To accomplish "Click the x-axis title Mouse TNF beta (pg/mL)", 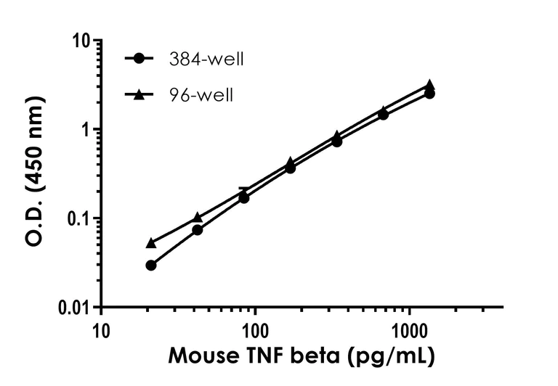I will (x=302, y=356).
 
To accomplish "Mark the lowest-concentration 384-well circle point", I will (x=151, y=266).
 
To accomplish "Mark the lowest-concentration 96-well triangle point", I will (x=151, y=243).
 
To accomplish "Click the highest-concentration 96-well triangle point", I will (x=429, y=85).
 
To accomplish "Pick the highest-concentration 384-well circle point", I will (x=429, y=94).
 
